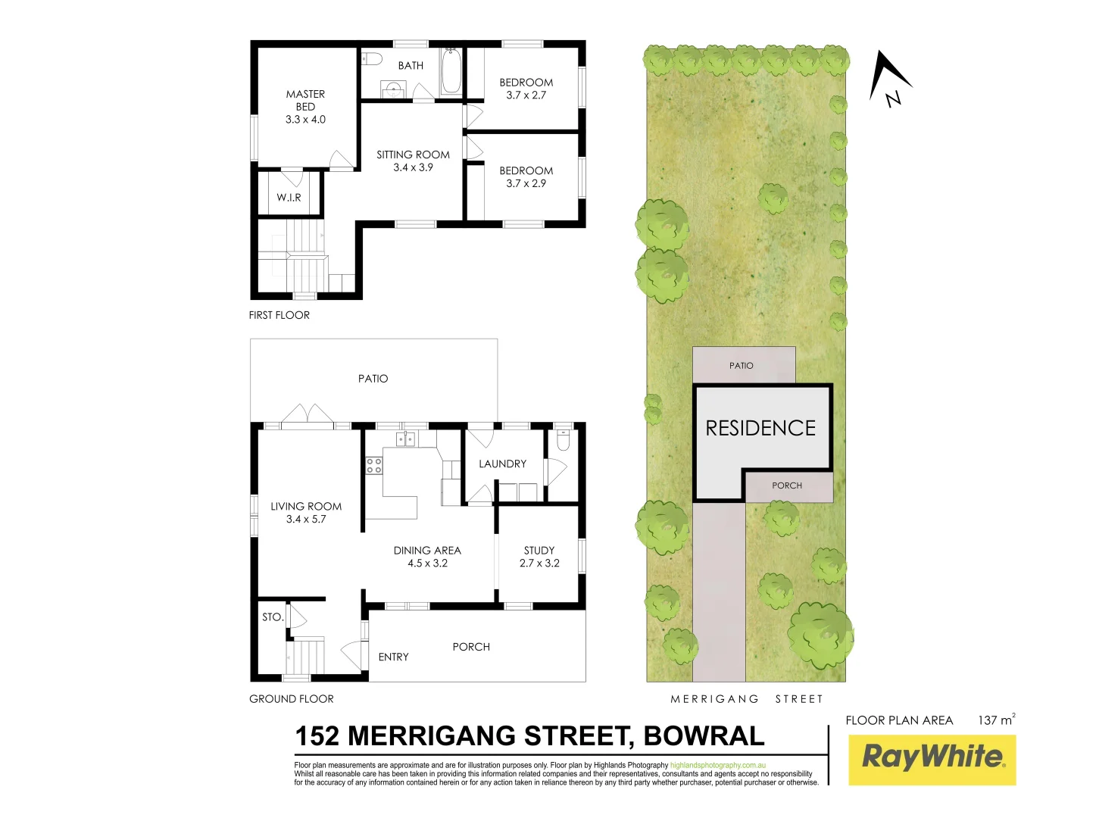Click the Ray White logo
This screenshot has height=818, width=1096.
[932, 758]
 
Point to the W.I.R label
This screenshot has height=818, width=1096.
[289, 198]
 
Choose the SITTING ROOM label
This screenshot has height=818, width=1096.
[413, 155]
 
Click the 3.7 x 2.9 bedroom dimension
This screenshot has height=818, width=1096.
[526, 183]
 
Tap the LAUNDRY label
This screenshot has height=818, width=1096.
[502, 464]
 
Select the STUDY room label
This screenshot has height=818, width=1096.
[539, 551]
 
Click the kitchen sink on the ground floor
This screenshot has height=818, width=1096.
[406, 439]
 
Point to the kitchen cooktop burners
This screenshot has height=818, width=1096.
[374, 465]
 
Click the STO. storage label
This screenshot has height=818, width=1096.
[273, 617]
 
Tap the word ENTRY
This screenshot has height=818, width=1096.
[393, 657]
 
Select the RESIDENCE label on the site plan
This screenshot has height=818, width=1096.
[760, 429]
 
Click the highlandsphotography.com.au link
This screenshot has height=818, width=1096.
[718, 766]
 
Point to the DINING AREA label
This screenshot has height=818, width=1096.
[427, 551]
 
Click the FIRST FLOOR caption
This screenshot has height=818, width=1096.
[279, 315]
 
